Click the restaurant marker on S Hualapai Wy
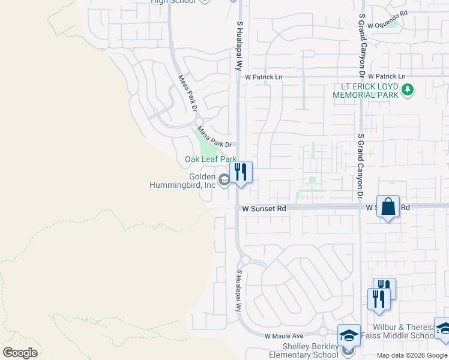241,172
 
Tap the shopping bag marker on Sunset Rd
388,207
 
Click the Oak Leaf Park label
210,159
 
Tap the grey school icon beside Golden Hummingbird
223,179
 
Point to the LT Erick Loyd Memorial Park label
366,91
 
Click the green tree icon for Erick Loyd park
408,90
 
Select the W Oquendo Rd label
388,12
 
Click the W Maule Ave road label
284,336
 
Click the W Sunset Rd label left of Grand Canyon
264,208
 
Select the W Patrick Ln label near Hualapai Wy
263,77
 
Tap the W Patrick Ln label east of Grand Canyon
387,77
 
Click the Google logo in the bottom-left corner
20,352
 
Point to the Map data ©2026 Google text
412,355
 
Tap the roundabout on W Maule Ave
323,331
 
